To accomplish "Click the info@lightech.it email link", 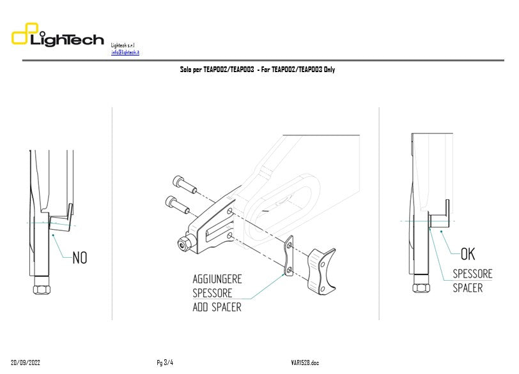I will pos(125,52).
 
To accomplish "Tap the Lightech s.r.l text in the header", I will pos(123,45).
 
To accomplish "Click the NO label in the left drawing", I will pos(80,258).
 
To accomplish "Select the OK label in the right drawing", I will pos(468,254).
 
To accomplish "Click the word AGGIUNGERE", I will pos(217,280).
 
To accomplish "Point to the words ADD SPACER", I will pos(217,307).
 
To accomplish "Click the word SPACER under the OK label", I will pos(468,288).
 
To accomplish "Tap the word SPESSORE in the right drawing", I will pos(473,274).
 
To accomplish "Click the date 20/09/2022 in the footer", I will pos(26,363).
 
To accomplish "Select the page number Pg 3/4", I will pos(165,363).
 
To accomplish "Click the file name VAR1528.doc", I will pos(305,363).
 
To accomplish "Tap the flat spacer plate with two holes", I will pos(288,257).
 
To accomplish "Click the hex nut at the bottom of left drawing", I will pos(42,289).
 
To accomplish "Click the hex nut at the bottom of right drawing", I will pos(421,288).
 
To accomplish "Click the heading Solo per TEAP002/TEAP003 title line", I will pos(258,70).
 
